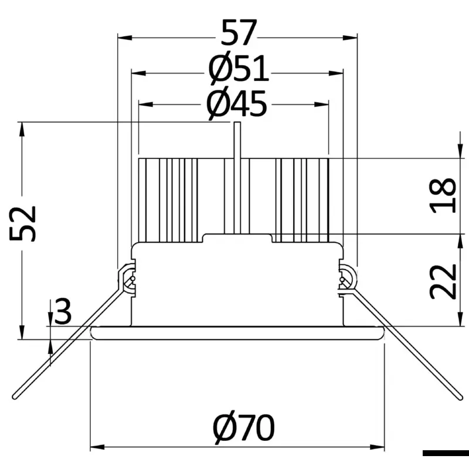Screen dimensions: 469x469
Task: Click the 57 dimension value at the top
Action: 239,33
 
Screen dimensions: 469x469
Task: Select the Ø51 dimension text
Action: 239,69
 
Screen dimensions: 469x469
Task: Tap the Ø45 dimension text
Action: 237,104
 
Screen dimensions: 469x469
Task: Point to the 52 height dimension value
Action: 23,223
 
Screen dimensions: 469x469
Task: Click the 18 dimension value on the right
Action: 443,195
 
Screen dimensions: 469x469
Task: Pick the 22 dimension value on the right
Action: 443,281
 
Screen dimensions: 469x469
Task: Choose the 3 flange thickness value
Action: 63,311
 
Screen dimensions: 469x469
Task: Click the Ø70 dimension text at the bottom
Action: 244,427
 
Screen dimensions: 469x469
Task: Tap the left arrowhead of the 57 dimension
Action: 125,38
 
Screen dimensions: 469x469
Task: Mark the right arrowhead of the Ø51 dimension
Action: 336,73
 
